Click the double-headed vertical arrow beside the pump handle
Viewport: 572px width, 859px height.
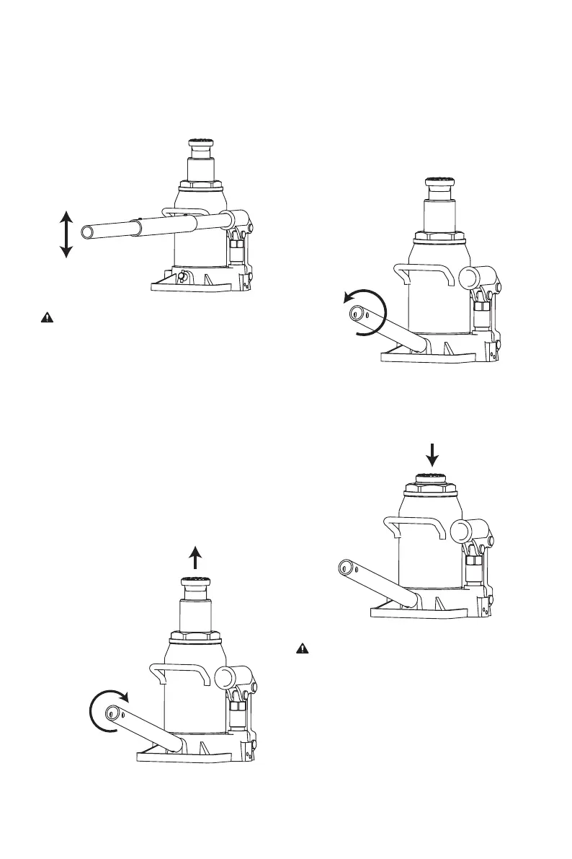(66, 234)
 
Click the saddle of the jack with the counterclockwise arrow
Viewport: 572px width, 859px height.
(439, 183)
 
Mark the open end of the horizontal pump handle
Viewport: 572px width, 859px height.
(88, 232)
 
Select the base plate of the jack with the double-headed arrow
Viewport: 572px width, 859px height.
(191, 286)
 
